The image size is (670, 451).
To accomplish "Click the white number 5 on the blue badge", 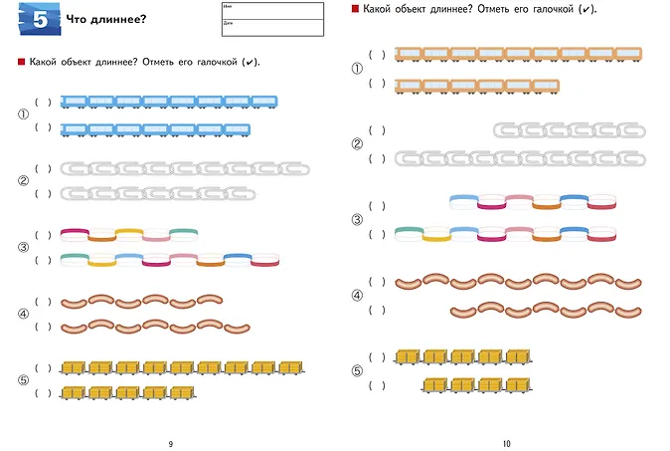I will tap(39, 19).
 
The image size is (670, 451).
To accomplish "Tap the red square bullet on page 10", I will tap(355, 9).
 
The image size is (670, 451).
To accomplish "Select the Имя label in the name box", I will tap(228, 7).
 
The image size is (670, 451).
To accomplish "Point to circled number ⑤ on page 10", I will tap(357, 371).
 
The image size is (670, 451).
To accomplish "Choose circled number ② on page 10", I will tap(357, 144).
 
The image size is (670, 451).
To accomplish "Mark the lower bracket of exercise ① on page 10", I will tap(377, 84).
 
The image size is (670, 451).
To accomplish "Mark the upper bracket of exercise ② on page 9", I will tap(42, 168).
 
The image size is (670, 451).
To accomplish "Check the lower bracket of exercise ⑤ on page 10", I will tap(377, 384).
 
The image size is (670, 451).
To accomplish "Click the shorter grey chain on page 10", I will tap(570, 130).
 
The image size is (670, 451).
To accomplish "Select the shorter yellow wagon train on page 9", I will tap(127, 393).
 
